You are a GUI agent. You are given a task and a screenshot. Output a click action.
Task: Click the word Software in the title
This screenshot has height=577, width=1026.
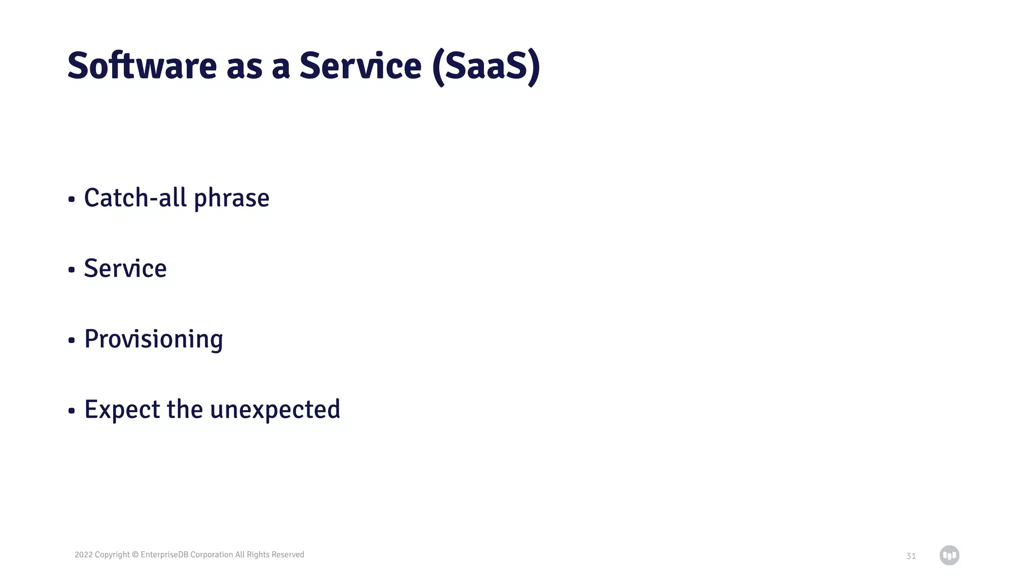point(142,66)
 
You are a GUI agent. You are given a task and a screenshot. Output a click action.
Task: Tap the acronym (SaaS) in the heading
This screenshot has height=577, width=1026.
point(485,67)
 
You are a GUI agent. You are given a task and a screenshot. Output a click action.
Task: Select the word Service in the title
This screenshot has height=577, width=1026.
point(360,66)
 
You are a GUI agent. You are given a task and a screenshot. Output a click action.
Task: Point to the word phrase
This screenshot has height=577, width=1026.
point(231,198)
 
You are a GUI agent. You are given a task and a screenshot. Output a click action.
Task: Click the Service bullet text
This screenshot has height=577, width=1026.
point(125,268)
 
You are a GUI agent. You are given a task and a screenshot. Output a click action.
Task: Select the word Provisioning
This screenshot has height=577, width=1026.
point(153,340)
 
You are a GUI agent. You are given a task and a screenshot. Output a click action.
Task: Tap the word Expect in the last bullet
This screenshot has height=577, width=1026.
point(122,410)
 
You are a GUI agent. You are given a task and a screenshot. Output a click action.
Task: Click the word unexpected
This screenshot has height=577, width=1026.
point(275,410)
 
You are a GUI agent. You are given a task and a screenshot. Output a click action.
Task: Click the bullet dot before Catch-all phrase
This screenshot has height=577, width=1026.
point(72,199)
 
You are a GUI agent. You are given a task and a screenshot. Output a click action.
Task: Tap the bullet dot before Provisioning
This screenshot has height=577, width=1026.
point(72,341)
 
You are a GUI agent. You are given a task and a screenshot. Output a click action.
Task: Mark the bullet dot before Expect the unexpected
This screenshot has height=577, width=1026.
point(72,411)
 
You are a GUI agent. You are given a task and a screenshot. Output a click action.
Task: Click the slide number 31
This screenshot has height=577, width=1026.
point(911,556)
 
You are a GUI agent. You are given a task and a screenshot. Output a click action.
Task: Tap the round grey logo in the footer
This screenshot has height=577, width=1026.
point(949,555)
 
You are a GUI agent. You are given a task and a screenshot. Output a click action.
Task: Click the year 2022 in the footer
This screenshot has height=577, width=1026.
point(83,554)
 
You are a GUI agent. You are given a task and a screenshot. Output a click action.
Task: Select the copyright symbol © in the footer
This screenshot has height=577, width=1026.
point(135,554)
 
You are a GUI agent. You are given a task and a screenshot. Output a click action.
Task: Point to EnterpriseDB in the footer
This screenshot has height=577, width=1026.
point(164,554)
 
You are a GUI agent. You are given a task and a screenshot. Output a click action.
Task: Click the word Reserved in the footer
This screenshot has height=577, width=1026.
point(288,554)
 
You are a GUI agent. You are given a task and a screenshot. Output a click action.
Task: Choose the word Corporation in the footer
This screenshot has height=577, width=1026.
point(211,554)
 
